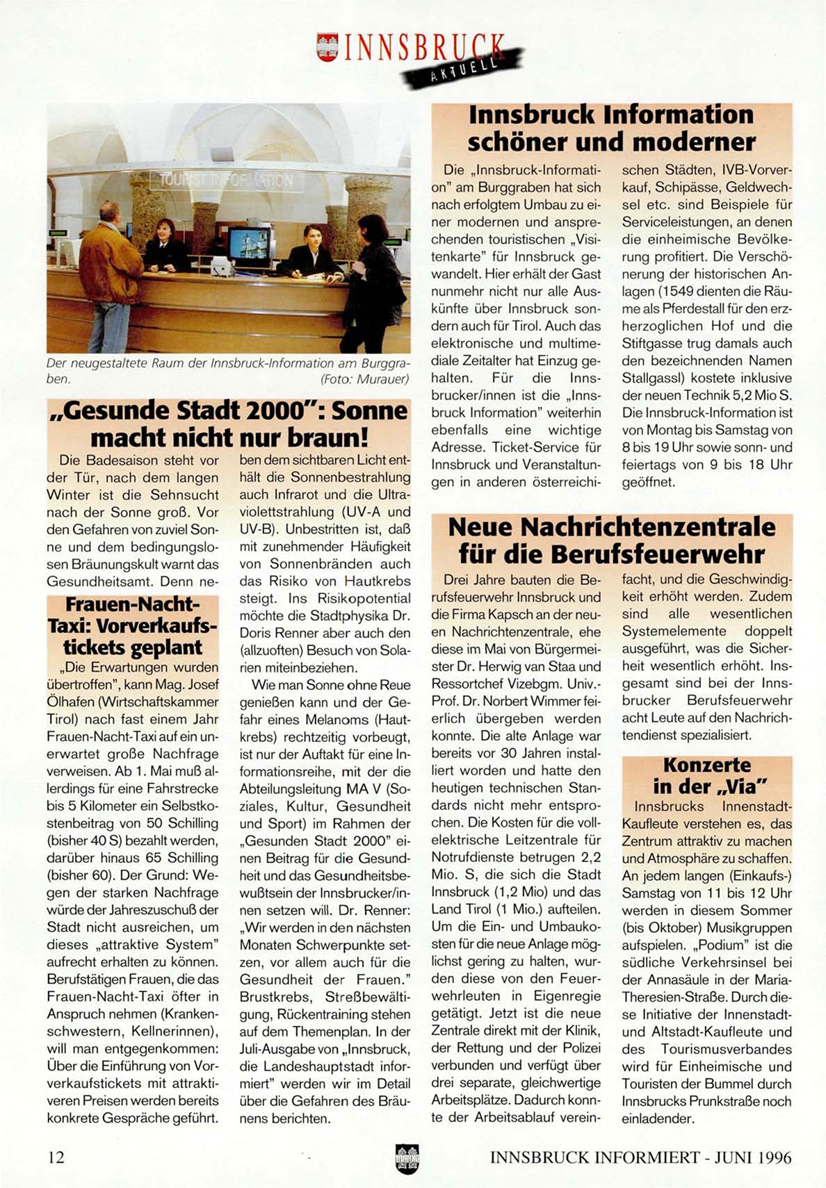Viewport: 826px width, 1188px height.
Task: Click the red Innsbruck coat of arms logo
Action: [x=327, y=47]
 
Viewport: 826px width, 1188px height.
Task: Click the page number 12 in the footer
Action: [x=56, y=1157]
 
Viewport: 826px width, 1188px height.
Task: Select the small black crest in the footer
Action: [x=407, y=1158]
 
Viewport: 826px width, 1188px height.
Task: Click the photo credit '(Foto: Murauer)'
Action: [x=364, y=379]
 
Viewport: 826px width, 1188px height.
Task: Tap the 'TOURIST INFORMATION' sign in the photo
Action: [x=227, y=182]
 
